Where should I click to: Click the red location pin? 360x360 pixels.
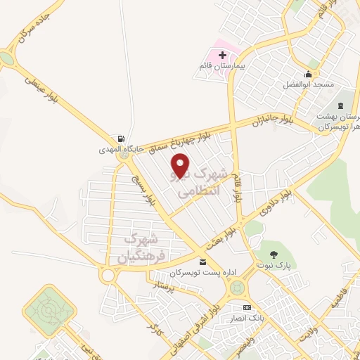(181, 166)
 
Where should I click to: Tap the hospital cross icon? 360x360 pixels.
(223, 54)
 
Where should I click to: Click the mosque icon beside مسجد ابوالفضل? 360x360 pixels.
(307, 75)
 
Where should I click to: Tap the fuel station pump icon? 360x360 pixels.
(122, 138)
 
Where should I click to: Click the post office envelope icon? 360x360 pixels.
(203, 262)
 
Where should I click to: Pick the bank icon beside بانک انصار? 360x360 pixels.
(246, 308)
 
